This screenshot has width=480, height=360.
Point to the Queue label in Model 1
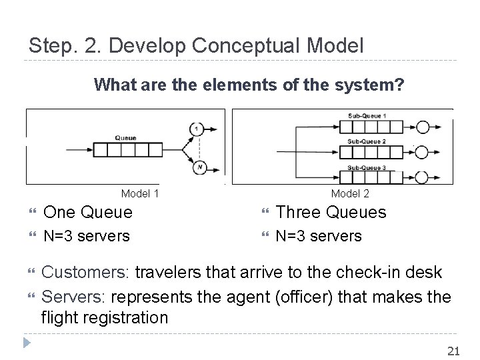pyautogui.click(x=125, y=138)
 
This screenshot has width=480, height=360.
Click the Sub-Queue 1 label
pyautogui.click(x=366, y=116)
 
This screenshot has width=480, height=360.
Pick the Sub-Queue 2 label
pyautogui.click(x=366, y=141)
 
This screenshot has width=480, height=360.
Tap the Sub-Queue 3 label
pyautogui.click(x=366, y=167)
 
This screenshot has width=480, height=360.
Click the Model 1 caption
pyautogui.click(x=140, y=194)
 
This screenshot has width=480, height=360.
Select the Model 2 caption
pyautogui.click(x=351, y=194)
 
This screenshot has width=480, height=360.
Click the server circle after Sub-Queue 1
pyautogui.click(x=422, y=127)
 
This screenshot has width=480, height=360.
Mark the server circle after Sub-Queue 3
pyautogui.click(x=422, y=177)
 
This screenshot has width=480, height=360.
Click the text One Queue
pyautogui.click(x=88, y=213)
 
